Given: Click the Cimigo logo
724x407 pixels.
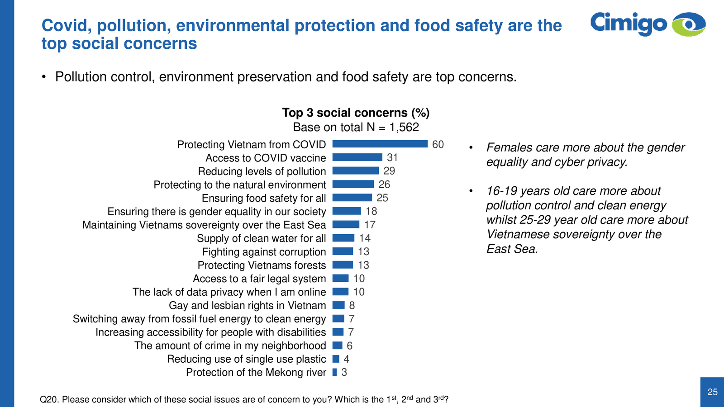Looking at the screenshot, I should (648, 24).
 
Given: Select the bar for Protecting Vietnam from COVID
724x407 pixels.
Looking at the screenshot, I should (380, 144).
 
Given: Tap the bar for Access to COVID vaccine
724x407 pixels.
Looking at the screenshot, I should (357, 157).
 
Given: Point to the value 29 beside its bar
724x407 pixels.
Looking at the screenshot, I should (389, 171).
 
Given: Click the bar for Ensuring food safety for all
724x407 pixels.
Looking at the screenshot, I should (352, 198).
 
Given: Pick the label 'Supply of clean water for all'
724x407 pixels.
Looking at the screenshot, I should (261, 238).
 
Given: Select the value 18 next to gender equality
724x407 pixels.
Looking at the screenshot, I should (372, 211).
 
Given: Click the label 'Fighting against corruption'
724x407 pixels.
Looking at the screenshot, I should (264, 252).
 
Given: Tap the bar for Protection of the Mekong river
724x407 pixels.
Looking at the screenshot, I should (335, 372).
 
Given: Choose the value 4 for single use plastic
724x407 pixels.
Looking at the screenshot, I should (346, 359).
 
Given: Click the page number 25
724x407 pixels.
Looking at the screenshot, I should (712, 392).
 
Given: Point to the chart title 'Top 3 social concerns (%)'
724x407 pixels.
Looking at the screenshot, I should (356, 113).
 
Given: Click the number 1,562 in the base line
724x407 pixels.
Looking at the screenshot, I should (404, 127).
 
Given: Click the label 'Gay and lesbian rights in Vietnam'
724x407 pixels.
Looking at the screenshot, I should (247, 306).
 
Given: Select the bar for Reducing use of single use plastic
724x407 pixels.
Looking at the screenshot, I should (336, 359).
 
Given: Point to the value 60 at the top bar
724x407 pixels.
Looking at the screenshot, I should (438, 144).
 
